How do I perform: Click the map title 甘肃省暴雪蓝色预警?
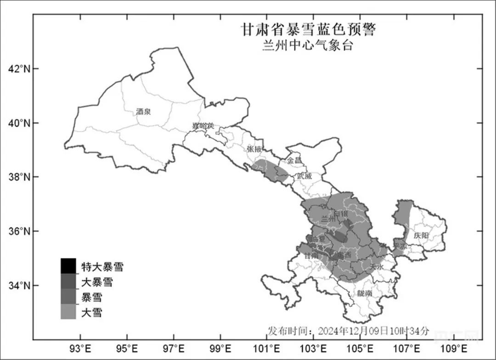click(308, 30)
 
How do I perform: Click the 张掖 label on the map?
click(254, 149)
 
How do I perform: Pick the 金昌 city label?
click(295, 161)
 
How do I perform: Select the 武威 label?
click(304, 176)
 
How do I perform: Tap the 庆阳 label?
click(420, 235)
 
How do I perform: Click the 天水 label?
click(377, 266)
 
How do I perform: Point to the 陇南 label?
click(365, 293)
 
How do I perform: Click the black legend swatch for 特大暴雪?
click(68, 265)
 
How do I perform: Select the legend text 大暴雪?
click(97, 282)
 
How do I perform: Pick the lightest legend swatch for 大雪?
click(68, 312)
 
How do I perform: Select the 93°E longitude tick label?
click(81, 347)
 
